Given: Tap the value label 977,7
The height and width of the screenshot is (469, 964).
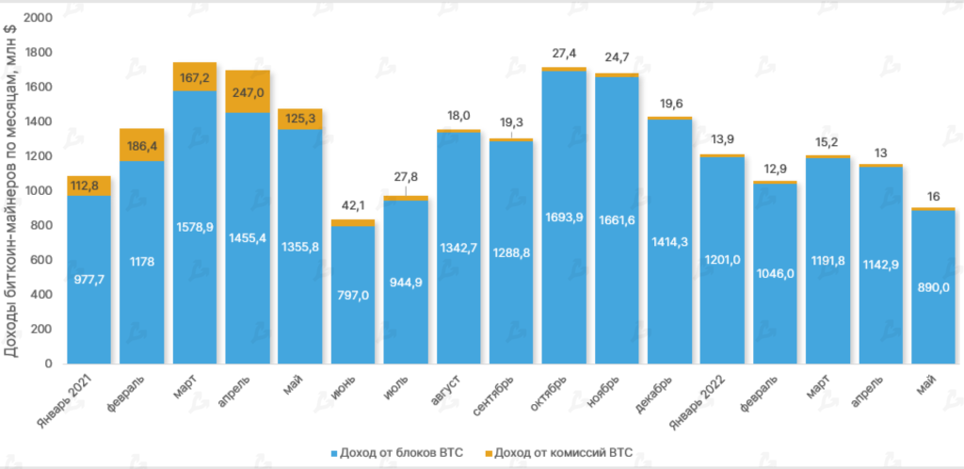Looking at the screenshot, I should [88, 279].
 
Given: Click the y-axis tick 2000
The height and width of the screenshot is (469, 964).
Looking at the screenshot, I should [38, 18].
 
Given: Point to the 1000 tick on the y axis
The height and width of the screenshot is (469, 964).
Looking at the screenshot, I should [38, 191].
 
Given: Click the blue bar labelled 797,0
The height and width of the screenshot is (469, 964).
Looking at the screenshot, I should [353, 294].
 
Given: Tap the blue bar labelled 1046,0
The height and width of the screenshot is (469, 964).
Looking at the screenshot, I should [775, 273].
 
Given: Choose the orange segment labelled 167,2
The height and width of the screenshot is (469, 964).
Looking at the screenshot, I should [194, 76].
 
